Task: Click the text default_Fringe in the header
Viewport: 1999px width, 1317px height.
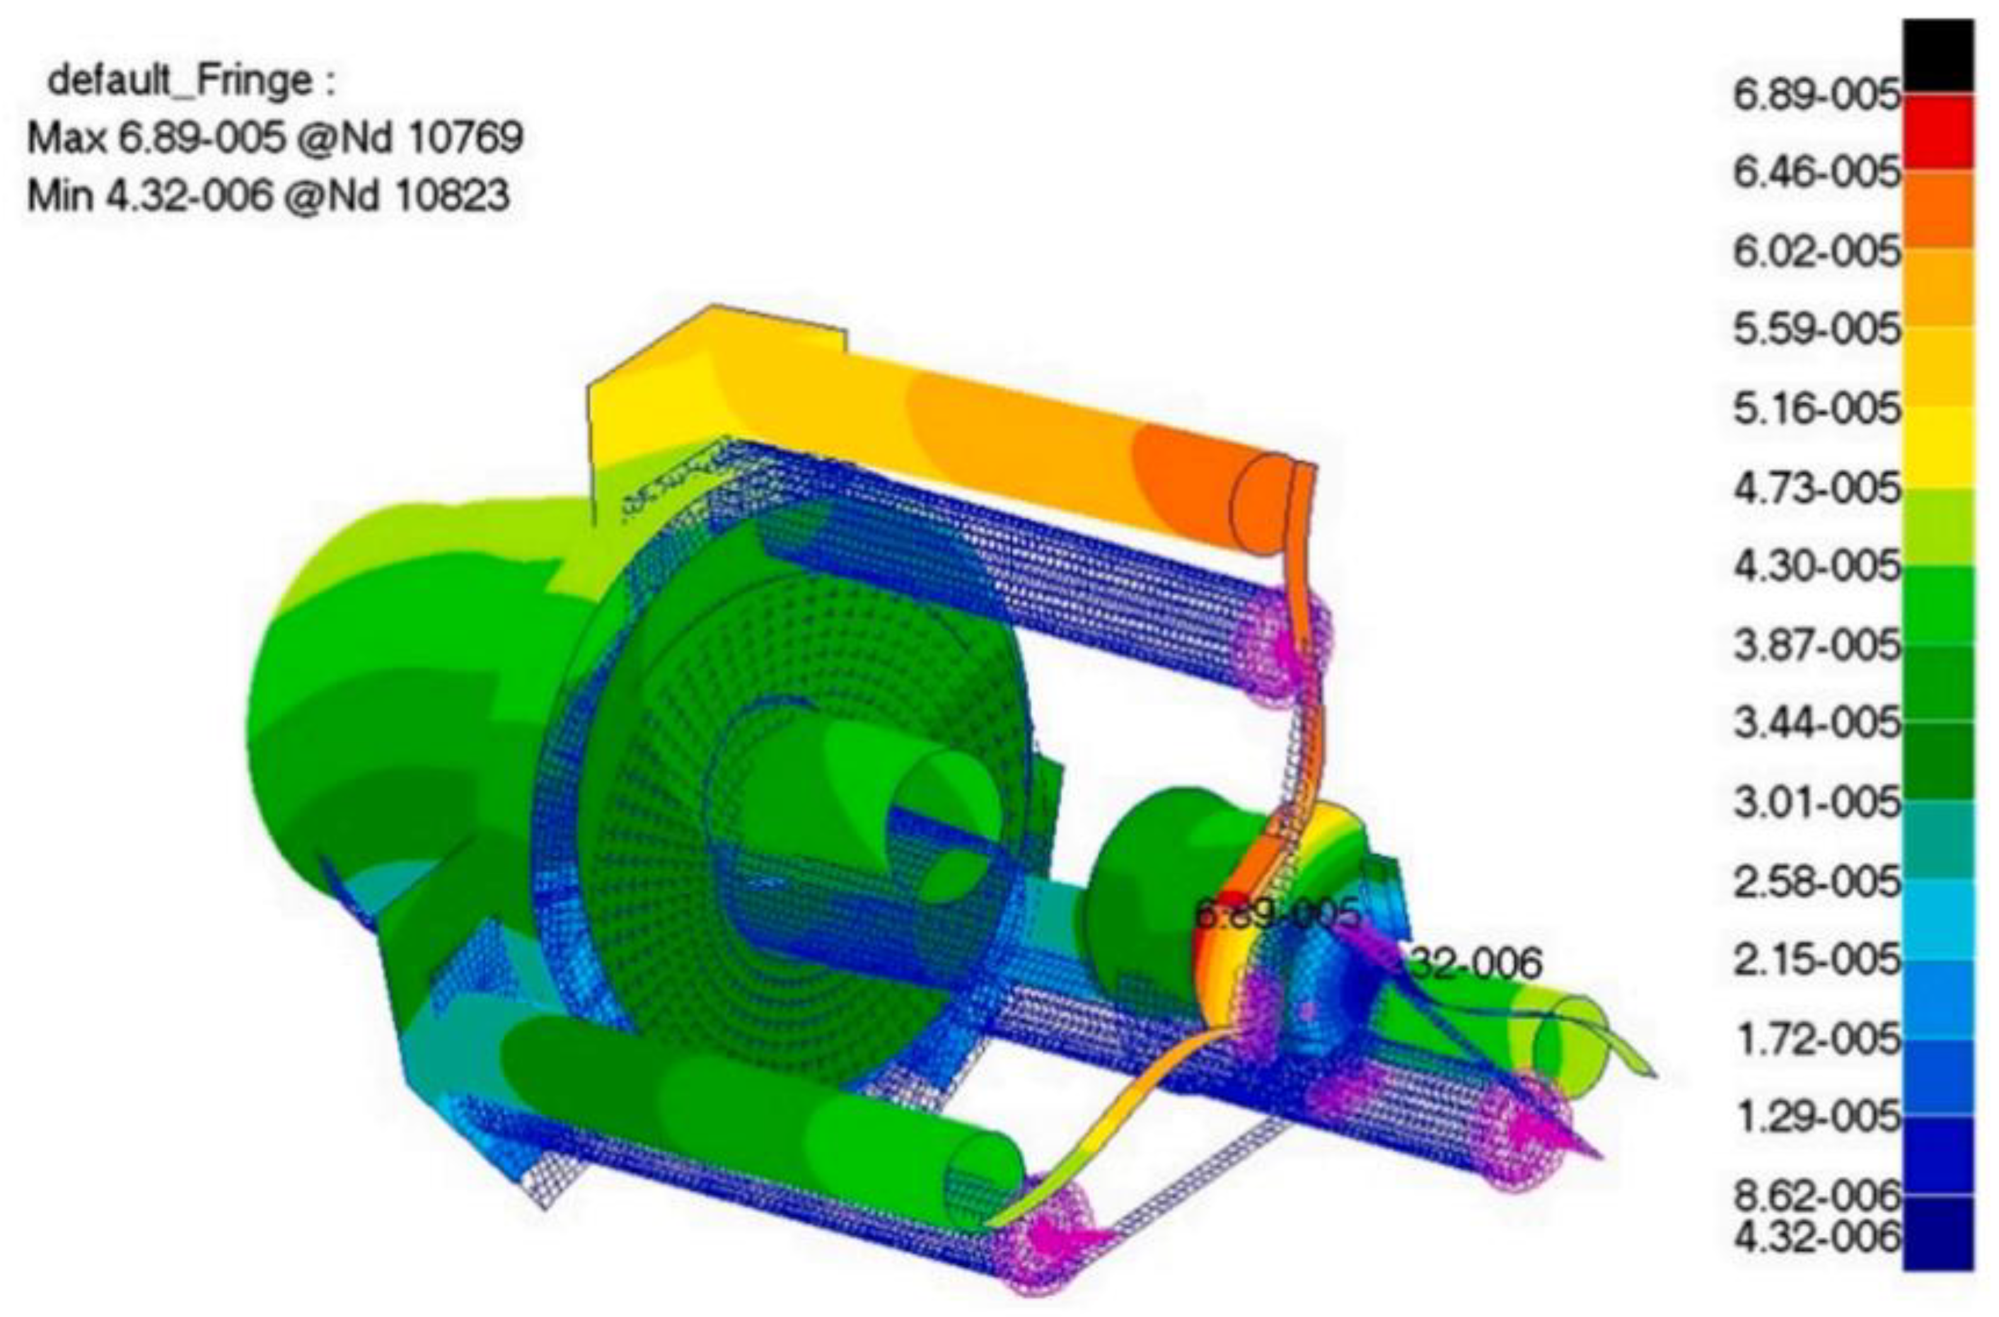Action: pos(180,81)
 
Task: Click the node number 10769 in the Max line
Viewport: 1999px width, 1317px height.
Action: pos(465,137)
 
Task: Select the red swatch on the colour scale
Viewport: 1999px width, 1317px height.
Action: pos(1938,132)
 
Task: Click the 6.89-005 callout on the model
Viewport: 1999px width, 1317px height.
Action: pos(1276,913)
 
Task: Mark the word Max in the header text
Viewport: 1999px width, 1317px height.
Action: pos(68,137)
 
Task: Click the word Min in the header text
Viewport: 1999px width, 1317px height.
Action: pos(64,195)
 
